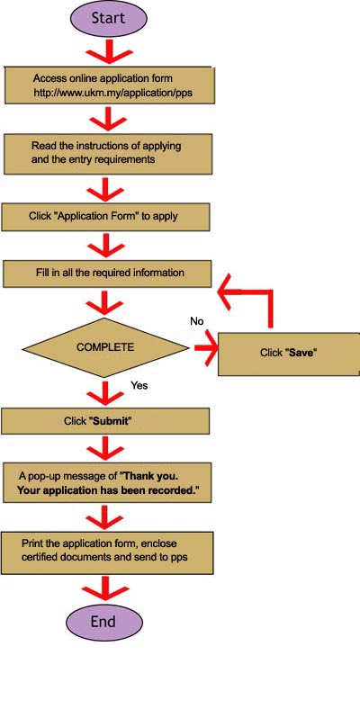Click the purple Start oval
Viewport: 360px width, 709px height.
(108, 19)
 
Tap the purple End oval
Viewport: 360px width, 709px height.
(104, 622)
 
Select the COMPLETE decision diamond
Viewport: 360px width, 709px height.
(105, 347)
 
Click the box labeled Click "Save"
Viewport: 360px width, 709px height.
(289, 354)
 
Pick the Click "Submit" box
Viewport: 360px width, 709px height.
(105, 421)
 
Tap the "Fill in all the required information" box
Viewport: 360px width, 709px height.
(107, 274)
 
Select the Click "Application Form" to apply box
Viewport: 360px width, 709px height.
(106, 216)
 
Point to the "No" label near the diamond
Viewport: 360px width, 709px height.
(197, 321)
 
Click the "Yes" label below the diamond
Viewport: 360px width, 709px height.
(139, 386)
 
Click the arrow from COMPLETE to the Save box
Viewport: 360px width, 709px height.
(206, 347)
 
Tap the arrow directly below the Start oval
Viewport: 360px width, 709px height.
(108, 51)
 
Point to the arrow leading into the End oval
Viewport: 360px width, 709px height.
(104, 588)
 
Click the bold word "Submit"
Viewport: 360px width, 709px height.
(112, 421)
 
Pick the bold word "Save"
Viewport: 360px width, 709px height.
(300, 354)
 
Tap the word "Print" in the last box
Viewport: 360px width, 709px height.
(31, 543)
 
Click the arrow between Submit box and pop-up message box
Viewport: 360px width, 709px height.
(105, 448)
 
